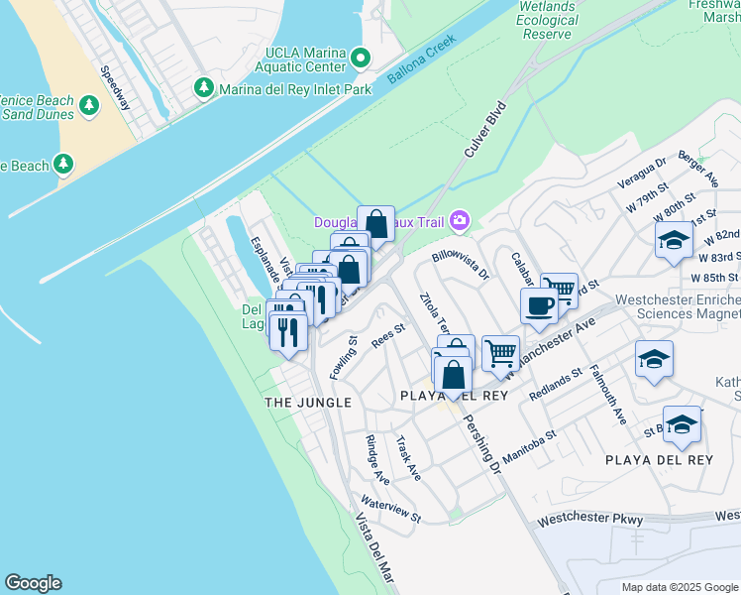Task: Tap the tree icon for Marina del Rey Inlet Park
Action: point(204,89)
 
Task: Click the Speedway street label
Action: point(115,88)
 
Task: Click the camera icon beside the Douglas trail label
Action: point(459,220)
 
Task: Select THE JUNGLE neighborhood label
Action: point(308,402)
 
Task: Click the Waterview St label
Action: point(391,510)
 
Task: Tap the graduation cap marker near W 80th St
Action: point(674,240)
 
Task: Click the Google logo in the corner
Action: point(33,583)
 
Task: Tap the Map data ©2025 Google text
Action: point(679,587)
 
